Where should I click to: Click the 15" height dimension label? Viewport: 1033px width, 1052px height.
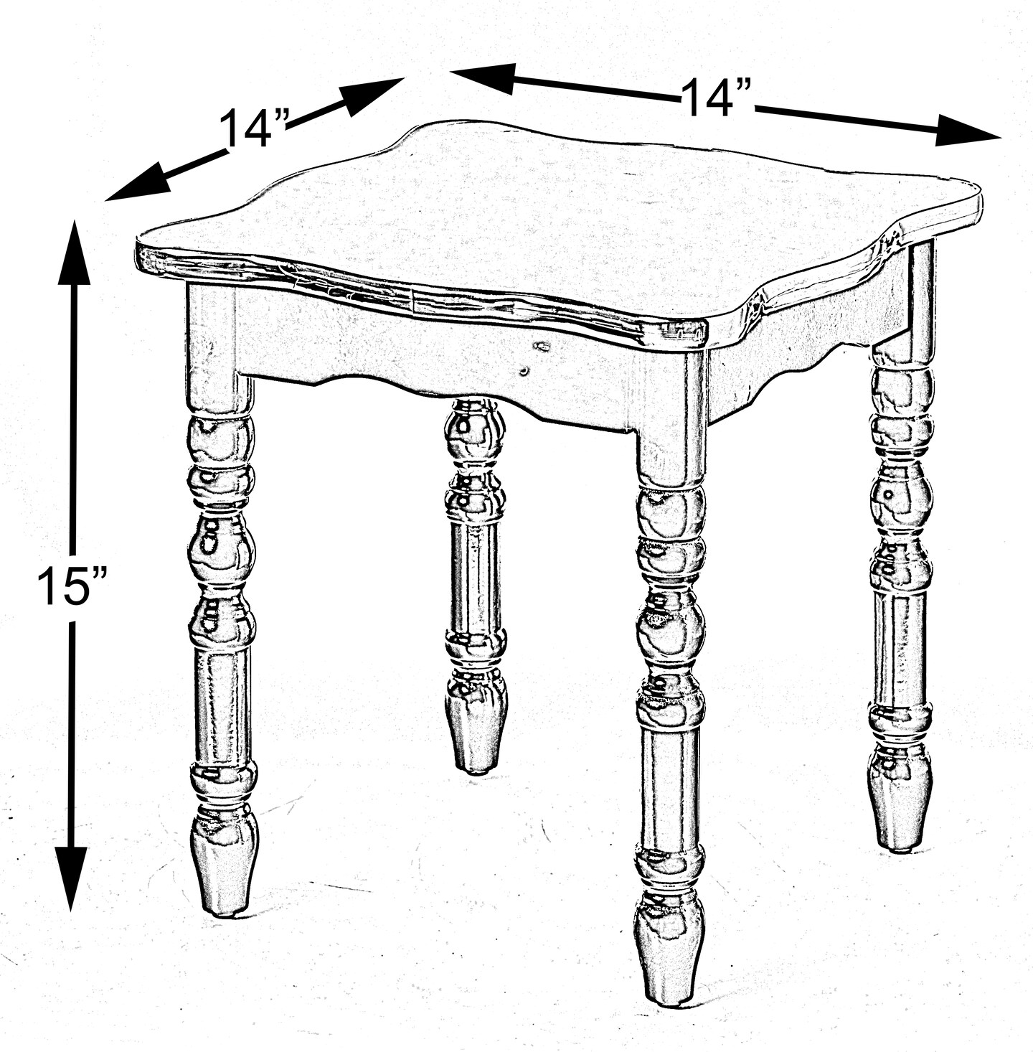pos(72,586)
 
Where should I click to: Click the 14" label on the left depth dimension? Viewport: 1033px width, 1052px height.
pos(254,128)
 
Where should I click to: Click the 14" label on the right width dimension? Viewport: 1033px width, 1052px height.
pos(715,97)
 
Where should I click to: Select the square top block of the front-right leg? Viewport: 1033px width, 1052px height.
pos(671,416)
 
